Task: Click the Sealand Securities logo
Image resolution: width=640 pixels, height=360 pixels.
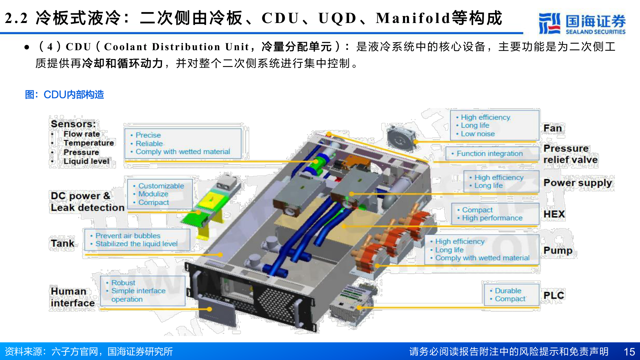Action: [x=582, y=23]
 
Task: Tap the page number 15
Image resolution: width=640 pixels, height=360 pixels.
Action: [x=629, y=352]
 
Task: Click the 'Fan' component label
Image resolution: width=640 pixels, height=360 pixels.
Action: [x=552, y=128]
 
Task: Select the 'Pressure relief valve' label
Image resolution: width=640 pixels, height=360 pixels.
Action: [x=570, y=154]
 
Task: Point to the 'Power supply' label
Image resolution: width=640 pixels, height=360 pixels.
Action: [x=578, y=183]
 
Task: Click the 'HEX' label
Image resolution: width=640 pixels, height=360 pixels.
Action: [x=554, y=214]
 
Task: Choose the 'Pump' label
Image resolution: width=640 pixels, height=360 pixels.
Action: [x=558, y=250]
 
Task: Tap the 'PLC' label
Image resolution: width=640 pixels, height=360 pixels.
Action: [x=554, y=295]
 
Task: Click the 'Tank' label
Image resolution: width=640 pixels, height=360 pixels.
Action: [x=62, y=243]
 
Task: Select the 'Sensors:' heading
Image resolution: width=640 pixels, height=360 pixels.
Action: [x=73, y=124]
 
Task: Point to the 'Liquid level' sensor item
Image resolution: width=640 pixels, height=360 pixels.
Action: [x=86, y=161]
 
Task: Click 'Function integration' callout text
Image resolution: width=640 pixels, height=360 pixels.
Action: [x=489, y=154]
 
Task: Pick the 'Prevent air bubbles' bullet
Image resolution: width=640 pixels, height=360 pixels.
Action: [x=128, y=236]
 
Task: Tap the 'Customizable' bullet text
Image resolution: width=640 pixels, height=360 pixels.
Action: [x=161, y=186]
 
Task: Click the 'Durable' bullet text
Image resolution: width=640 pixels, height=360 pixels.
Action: [x=508, y=291]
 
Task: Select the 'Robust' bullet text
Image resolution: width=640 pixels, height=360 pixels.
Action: [x=123, y=283]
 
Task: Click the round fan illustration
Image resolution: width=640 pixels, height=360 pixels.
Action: [x=401, y=139]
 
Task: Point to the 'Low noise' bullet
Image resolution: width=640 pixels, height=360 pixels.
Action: [x=477, y=134]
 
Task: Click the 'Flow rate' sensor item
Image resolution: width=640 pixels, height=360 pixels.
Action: [x=82, y=134]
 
